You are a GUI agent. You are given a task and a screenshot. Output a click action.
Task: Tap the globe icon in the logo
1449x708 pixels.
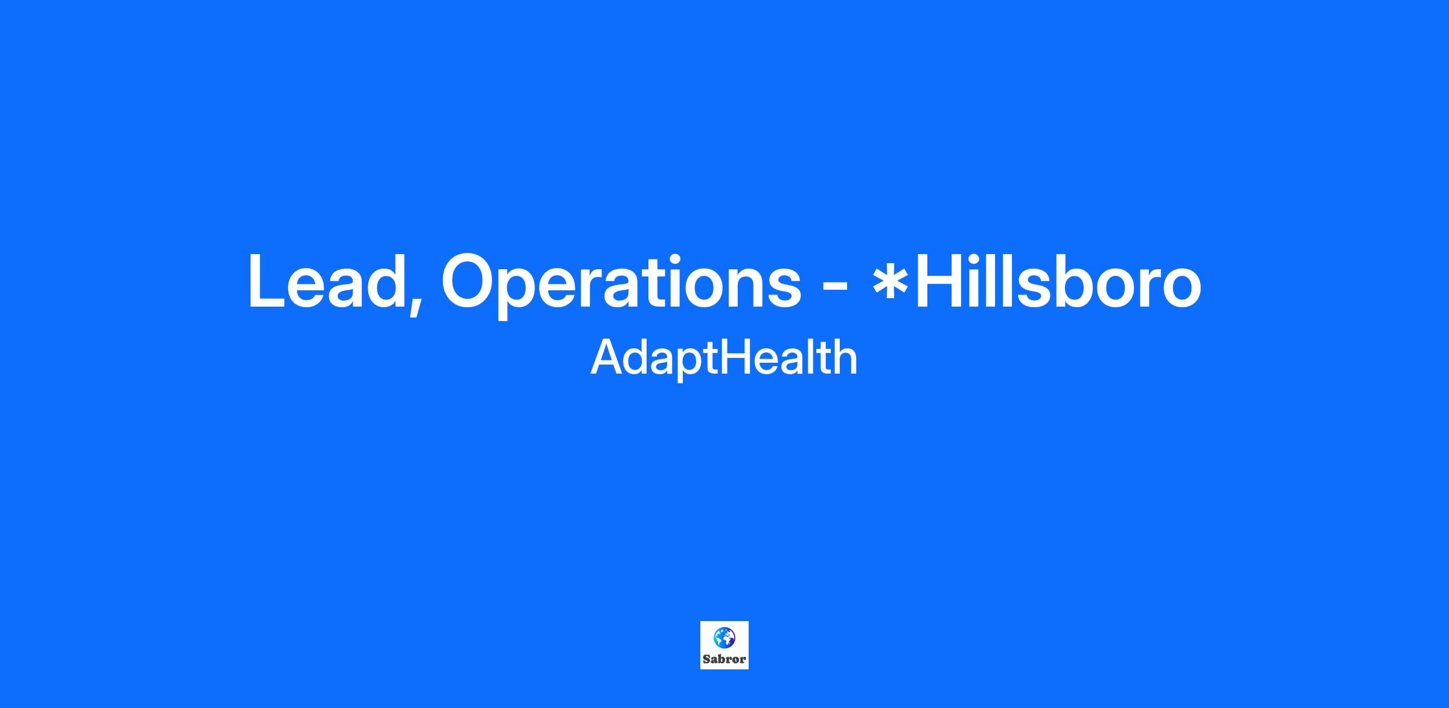724,637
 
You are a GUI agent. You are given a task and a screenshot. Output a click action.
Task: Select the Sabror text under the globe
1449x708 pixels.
724,660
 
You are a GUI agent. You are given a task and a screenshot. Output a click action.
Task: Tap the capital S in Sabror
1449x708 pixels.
706,660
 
